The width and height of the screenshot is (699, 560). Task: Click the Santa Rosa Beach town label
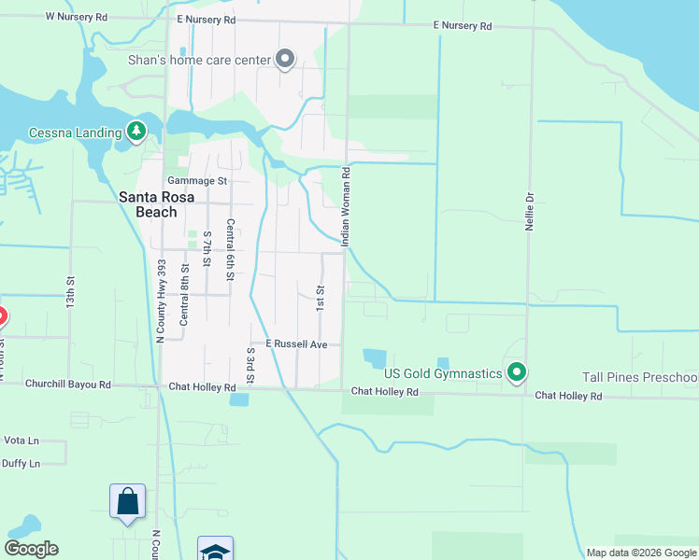pos(148,204)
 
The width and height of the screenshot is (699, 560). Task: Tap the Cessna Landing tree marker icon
pos(137,131)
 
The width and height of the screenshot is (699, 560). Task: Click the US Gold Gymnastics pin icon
pos(516,373)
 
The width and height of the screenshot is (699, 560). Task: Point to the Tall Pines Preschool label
pos(639,377)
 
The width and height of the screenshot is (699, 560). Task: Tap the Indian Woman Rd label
pos(346,207)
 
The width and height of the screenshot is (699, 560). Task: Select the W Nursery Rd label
pos(77,18)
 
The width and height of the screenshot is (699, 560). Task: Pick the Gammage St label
pos(197,180)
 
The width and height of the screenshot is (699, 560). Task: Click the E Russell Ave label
pos(296,344)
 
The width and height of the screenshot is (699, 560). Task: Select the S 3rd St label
pos(250,365)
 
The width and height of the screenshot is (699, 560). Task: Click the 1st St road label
pos(320,299)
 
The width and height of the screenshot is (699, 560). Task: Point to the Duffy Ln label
pos(21,463)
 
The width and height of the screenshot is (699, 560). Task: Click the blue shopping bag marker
pos(127,501)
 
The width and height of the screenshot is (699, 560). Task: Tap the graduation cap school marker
pos(214,551)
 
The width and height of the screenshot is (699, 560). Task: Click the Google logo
pos(31,549)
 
